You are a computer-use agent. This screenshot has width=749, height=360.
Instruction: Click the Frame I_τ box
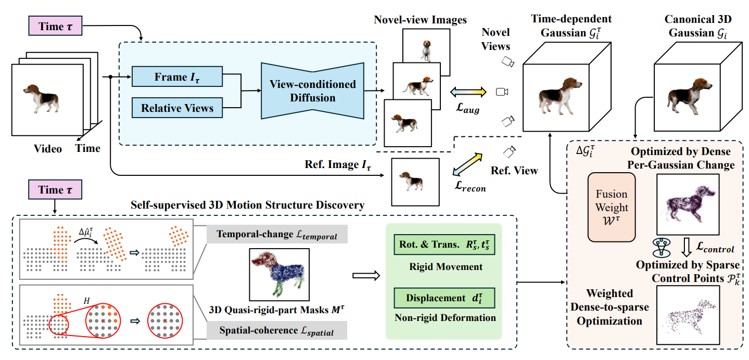pos(177,77)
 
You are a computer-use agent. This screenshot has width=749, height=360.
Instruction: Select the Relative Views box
pos(177,108)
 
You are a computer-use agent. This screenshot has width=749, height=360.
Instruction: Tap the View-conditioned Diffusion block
pos(312,91)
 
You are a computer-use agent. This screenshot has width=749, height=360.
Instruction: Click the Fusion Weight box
pos(611,207)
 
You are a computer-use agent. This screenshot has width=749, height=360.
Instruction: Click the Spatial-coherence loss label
pos(277,330)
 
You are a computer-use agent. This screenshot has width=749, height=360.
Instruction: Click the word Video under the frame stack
pos(48,149)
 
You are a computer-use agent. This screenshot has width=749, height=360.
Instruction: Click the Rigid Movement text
pos(444,267)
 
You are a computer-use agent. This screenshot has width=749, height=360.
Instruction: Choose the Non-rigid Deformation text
pos(444,317)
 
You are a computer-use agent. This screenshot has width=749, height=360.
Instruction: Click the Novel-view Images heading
pos(420,20)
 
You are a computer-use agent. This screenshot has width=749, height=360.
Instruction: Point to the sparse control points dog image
pos(688,314)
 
